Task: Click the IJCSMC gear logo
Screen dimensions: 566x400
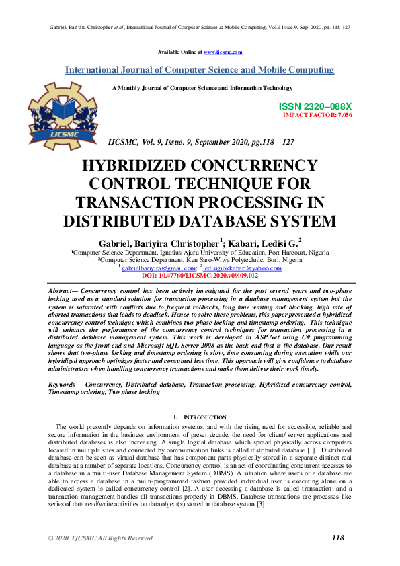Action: pyautogui.click(x=59, y=115)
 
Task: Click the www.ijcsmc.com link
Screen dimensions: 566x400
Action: pyautogui.click(x=223, y=52)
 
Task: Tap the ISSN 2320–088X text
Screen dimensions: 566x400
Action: pyautogui.click(x=315, y=106)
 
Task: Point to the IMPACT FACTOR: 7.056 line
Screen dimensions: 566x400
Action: pyautogui.click(x=317, y=115)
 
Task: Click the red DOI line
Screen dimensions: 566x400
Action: pyautogui.click(x=200, y=276)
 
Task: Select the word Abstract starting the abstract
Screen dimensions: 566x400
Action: pyautogui.click(x=62, y=288)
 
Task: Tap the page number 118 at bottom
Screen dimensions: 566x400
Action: pyautogui.click(x=338, y=538)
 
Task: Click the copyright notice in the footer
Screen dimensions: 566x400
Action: pyautogui.click(x=100, y=538)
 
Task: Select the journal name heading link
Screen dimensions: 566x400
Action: pyautogui.click(x=200, y=70)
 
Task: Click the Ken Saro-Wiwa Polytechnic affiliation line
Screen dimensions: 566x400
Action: pyautogui.click(x=200, y=259)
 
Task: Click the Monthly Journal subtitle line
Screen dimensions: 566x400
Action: pyautogui.click(x=202, y=88)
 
